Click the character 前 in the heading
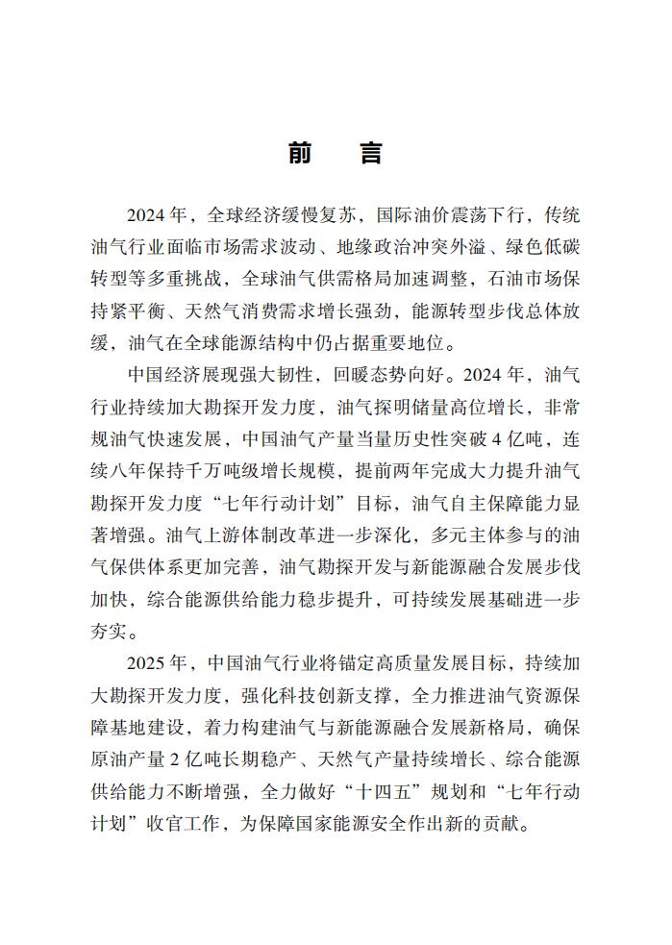[299, 154]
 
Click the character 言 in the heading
[371, 154]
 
